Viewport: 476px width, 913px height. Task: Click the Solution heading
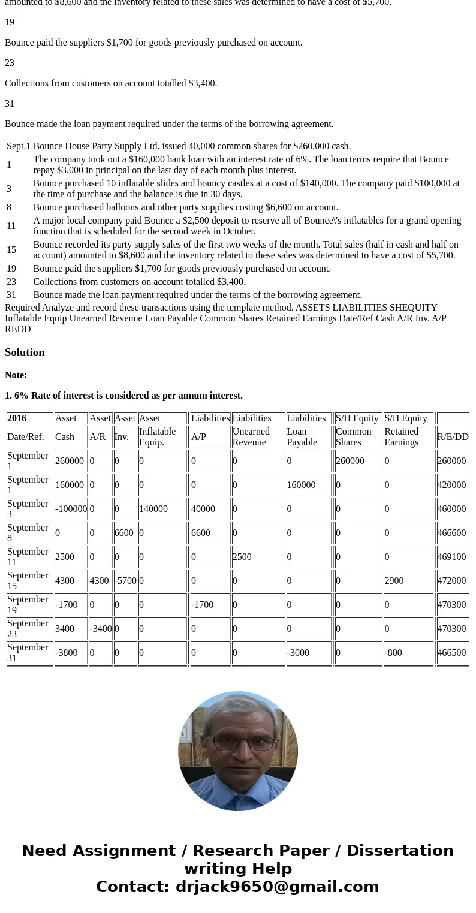point(25,352)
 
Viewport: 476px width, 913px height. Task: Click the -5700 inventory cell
point(125,581)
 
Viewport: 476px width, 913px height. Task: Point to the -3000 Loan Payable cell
point(298,653)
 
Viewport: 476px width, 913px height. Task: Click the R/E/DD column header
point(453,437)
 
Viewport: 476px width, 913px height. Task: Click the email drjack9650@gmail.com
point(277,887)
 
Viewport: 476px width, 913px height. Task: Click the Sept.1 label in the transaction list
point(19,146)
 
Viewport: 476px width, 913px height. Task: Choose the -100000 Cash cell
point(71,509)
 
